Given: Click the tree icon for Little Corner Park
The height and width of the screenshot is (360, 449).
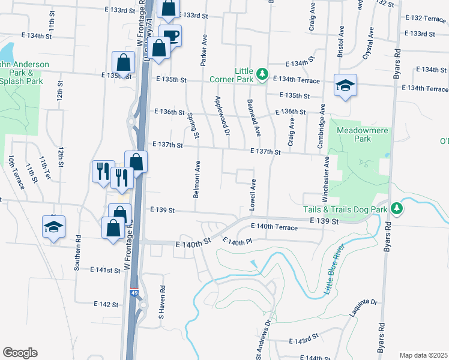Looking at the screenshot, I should [262, 74].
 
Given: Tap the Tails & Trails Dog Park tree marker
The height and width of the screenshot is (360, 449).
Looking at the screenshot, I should [396, 208].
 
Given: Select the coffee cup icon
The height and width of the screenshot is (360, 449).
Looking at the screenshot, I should [170, 35].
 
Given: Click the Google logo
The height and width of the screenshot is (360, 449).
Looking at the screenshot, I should [20, 353].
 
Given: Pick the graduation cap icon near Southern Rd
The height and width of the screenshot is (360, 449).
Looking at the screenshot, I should [53, 227].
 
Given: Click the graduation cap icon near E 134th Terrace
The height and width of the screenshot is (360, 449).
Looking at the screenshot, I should [346, 86].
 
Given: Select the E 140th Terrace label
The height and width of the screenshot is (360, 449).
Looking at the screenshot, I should [278, 227].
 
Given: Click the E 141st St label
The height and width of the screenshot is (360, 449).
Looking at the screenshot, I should [106, 271].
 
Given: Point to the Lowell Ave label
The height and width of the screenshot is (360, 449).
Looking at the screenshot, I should [253, 194].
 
